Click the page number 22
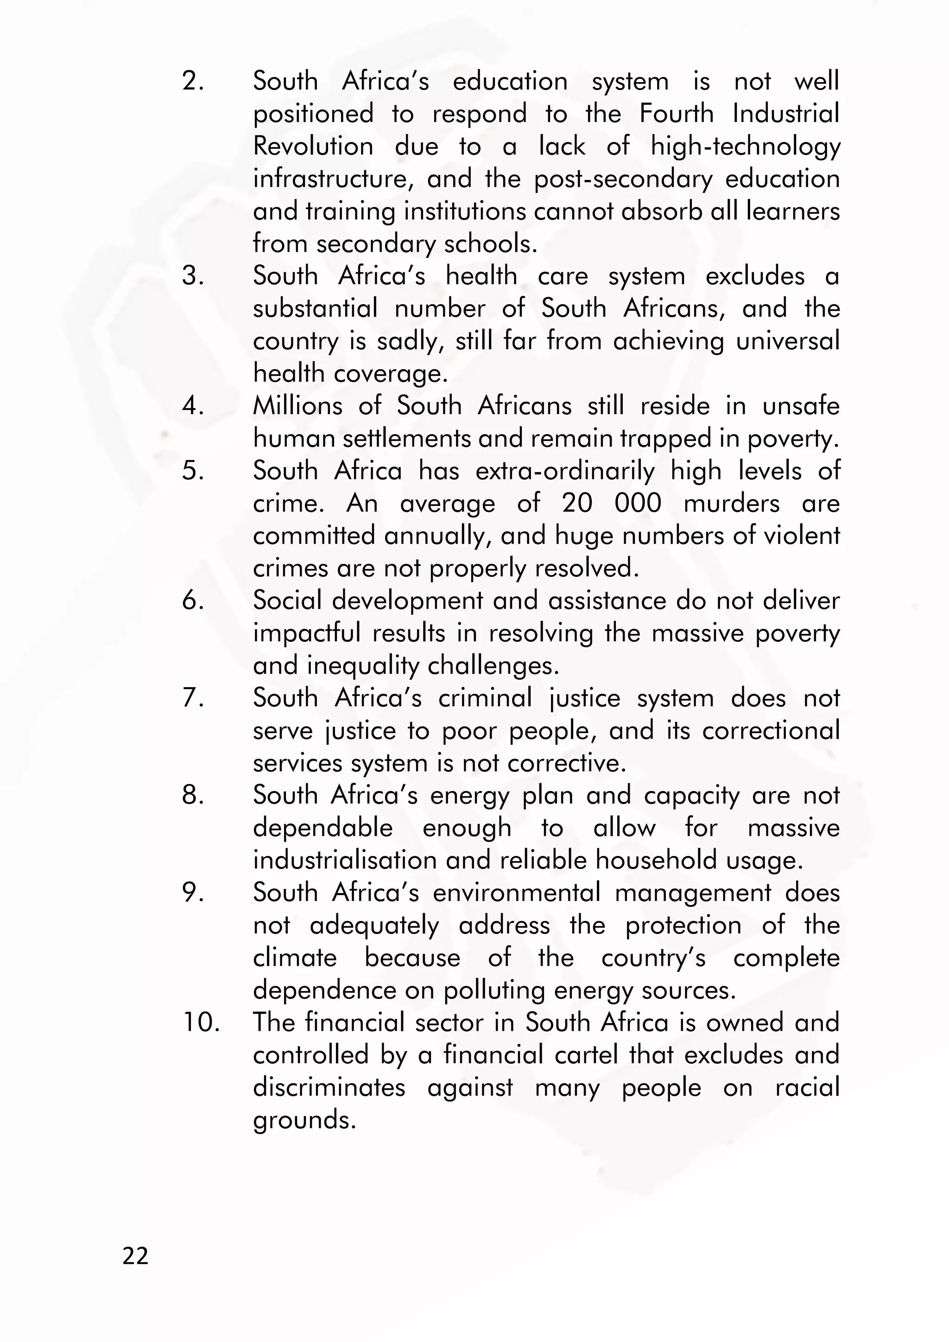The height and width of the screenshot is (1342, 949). (136, 1255)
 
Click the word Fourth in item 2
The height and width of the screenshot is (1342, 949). (676, 114)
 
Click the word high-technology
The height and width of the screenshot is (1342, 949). (745, 147)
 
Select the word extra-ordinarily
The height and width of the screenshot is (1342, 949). (564, 471)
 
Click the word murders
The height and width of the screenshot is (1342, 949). (731, 504)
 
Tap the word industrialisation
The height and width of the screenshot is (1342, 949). (345, 861)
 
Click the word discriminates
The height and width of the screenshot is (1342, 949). (329, 1087)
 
